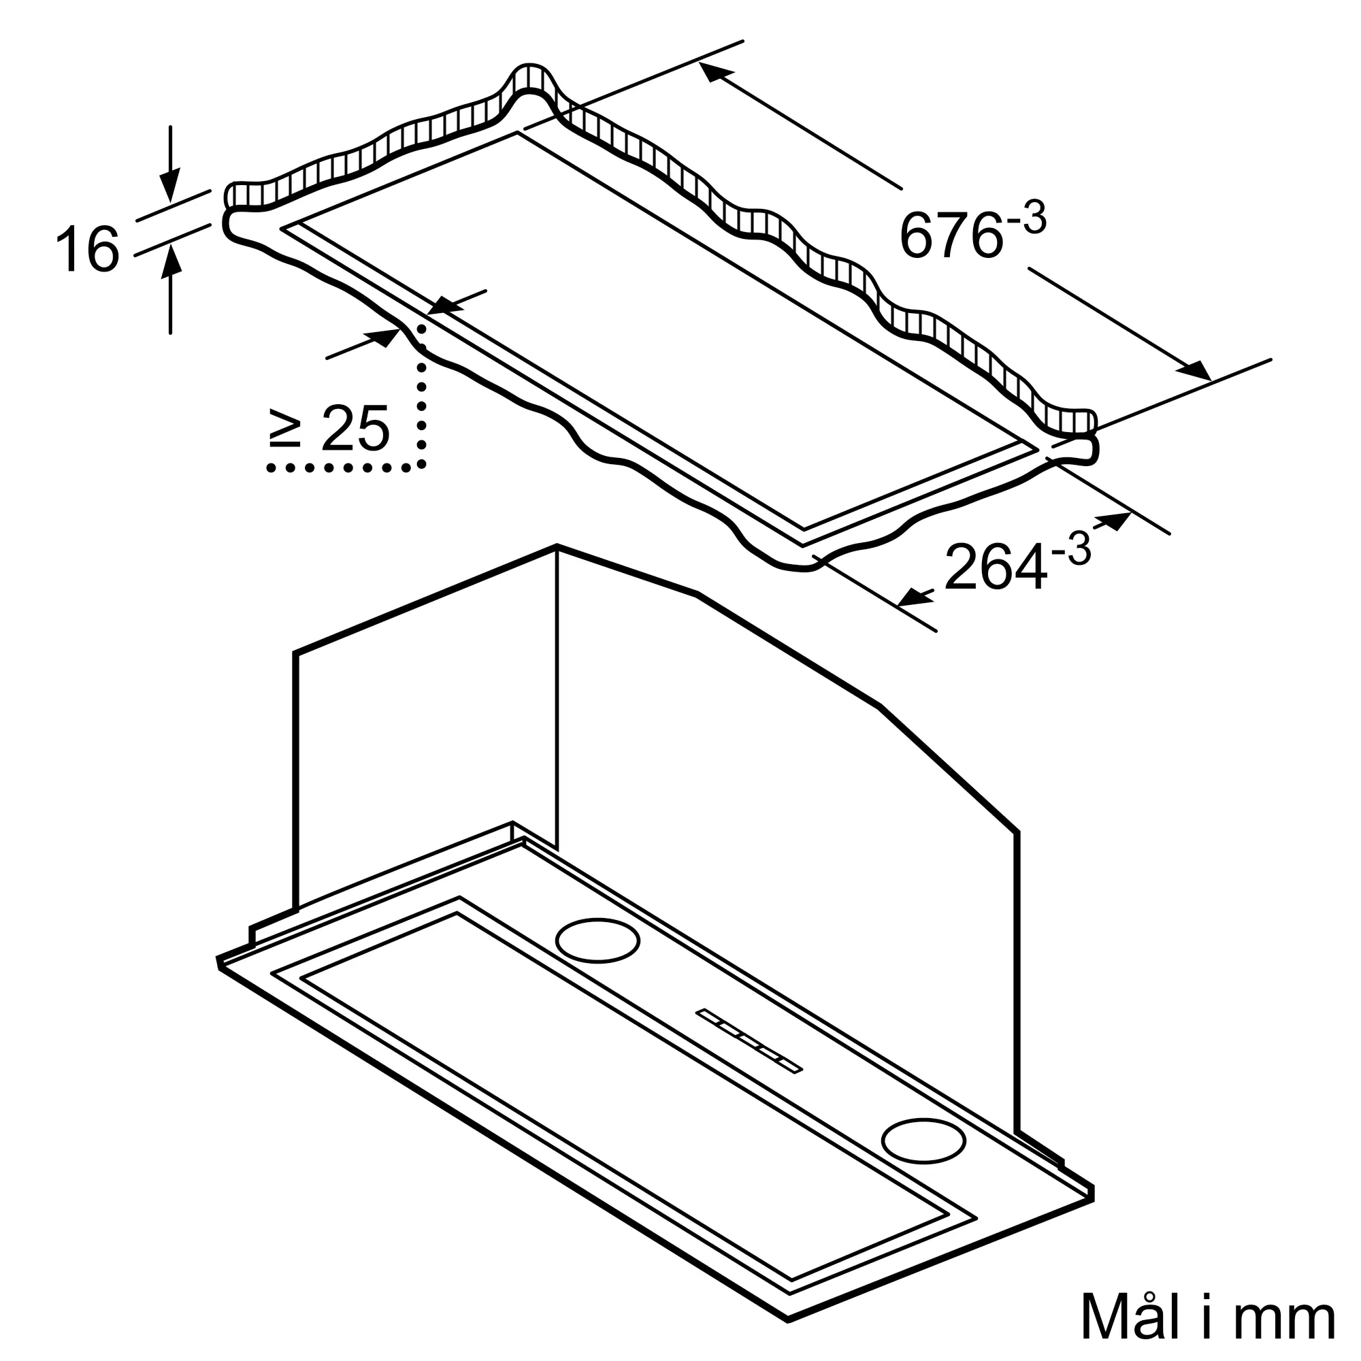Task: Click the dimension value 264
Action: click(x=995, y=566)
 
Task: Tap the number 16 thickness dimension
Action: click(x=86, y=248)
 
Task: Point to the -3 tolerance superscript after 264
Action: click(x=1070, y=548)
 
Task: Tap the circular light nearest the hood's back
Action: click(x=597, y=940)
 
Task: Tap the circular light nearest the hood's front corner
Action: click(x=923, y=1140)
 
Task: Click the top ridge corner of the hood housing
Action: click(x=557, y=546)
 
